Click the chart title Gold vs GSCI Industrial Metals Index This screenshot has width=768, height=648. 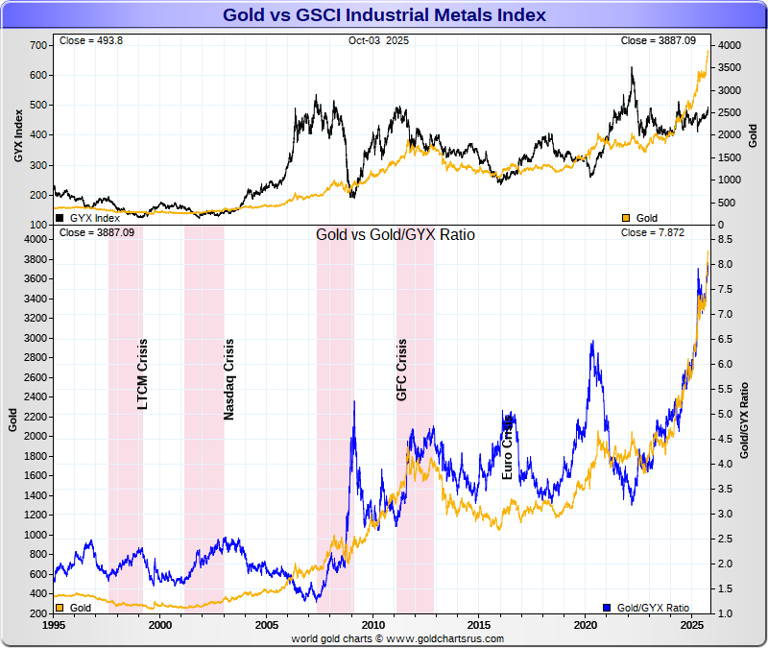pos(384,15)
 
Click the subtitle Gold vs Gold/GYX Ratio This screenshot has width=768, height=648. pos(396,234)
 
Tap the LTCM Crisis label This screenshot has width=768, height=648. pos(142,373)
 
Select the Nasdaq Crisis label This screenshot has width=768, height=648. pos(228,379)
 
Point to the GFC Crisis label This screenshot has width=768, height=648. pos(402,370)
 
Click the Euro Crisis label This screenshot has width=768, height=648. pos(509,445)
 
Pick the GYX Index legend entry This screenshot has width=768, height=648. pos(88,218)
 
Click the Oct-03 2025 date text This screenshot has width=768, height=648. pos(378,40)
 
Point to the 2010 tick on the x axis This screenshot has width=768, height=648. pos(372,625)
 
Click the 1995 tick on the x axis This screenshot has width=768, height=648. pos(54,625)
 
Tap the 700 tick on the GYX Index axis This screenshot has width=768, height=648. pos(38,45)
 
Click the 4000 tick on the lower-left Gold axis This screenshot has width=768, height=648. pos(35,239)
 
